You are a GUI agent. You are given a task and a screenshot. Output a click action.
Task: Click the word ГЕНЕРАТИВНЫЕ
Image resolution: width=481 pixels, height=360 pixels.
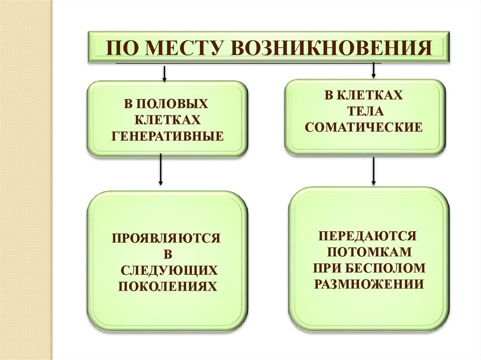(167, 136)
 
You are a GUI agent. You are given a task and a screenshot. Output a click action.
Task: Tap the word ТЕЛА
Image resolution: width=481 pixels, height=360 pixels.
(364, 112)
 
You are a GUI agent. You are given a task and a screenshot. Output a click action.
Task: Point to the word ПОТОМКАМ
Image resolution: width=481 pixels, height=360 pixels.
(369, 252)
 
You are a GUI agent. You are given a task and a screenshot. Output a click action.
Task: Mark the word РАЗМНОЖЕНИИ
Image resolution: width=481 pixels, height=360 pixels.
(369, 283)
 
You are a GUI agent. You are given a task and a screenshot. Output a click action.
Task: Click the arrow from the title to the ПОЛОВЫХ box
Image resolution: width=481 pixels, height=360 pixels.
(164, 73)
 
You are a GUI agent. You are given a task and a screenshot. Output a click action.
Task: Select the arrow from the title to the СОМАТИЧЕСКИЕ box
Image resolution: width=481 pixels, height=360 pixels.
(373, 69)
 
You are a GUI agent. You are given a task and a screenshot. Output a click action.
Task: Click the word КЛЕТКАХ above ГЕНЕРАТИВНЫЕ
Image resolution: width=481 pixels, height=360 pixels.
(167, 119)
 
